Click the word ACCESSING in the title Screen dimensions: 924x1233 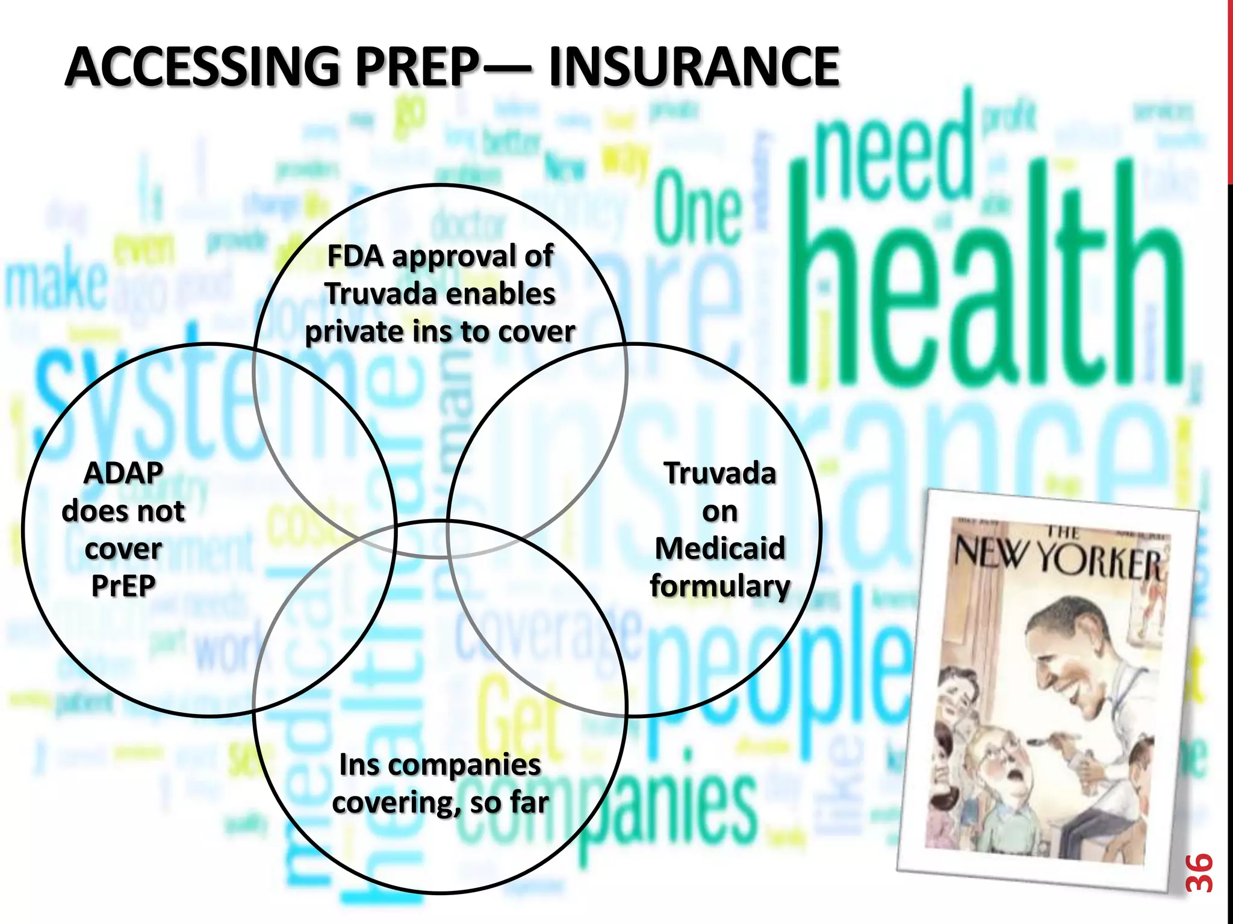[x=202, y=67]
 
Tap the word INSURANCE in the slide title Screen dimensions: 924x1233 [x=694, y=67]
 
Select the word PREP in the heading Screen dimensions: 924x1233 [x=417, y=67]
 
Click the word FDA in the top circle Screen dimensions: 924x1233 [x=355, y=256]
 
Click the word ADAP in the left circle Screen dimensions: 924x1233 [x=123, y=473]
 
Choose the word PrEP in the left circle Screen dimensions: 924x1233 [x=123, y=586]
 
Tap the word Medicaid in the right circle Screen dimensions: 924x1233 [x=720, y=549]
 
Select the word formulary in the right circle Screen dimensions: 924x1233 [x=720, y=586]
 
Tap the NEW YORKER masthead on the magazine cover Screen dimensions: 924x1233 [x=1057, y=556]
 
